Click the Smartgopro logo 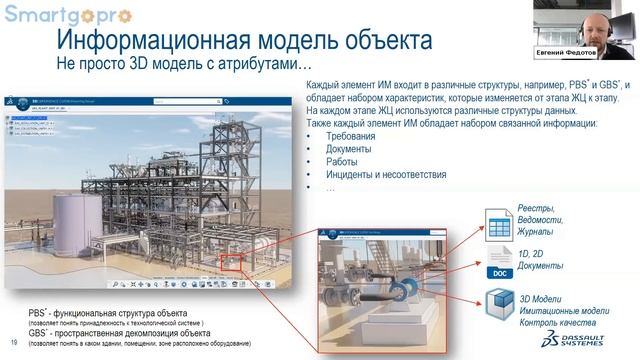pyautogui.click(x=56, y=15)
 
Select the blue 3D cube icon pyautogui.click(x=499, y=305)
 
